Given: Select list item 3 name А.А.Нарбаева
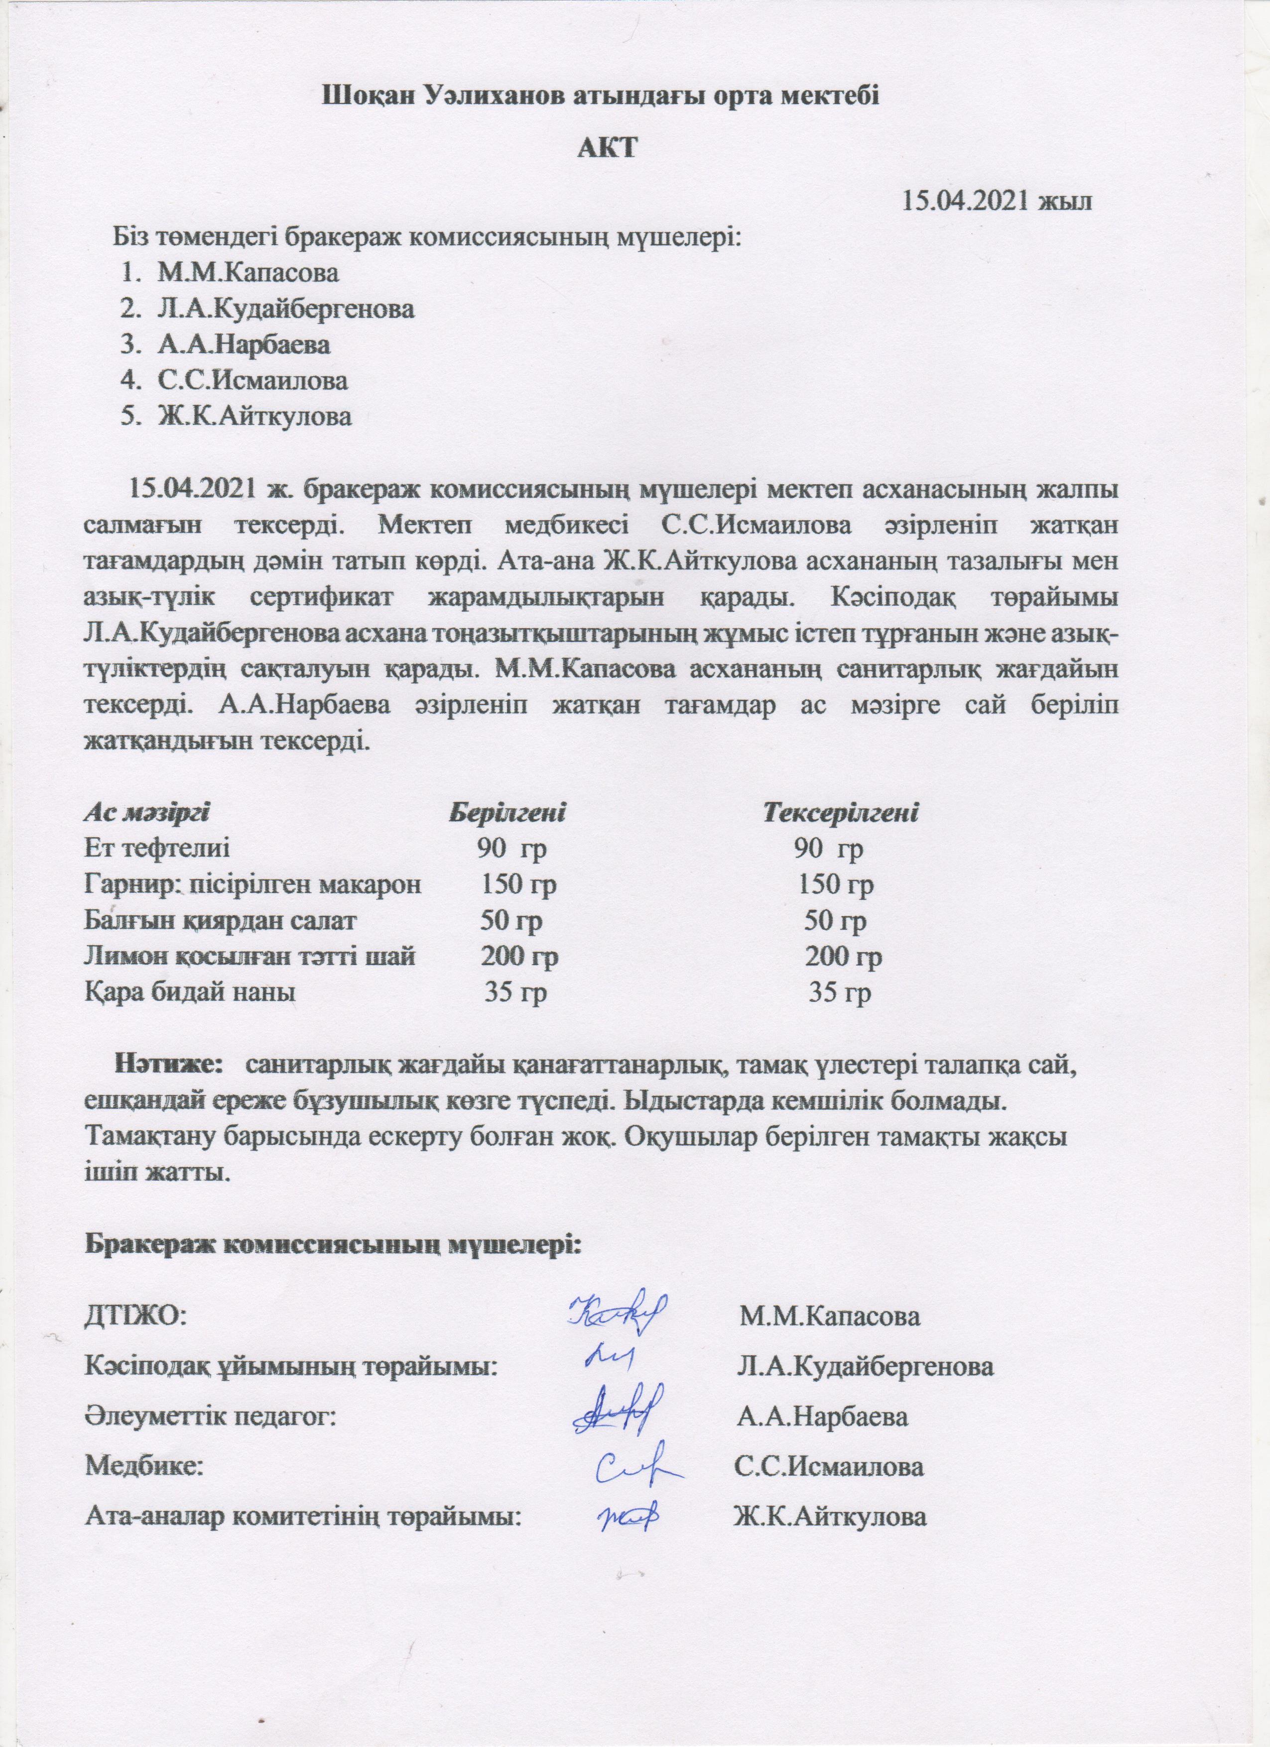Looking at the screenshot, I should pos(245,344).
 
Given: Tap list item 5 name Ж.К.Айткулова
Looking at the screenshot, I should pos(255,417).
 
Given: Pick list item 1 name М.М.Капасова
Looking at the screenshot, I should pos(248,272).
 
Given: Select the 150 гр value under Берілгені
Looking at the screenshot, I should pos(518,885).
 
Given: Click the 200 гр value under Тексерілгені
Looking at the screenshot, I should pos(844,958).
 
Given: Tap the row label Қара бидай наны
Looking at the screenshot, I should pos(190,993).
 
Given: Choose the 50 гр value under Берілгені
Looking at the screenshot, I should pos(511,921).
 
